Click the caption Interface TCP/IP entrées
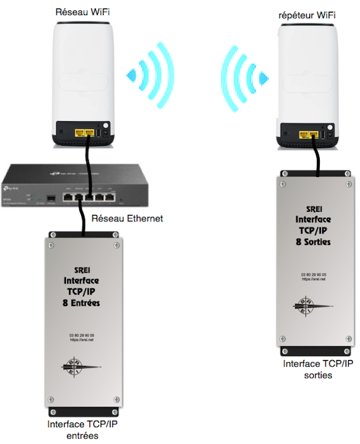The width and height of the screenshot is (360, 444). (x=82, y=430)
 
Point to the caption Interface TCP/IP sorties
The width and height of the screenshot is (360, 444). (x=318, y=369)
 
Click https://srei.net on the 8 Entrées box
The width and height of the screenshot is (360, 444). (x=82, y=340)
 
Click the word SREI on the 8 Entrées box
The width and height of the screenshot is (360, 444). (x=83, y=270)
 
